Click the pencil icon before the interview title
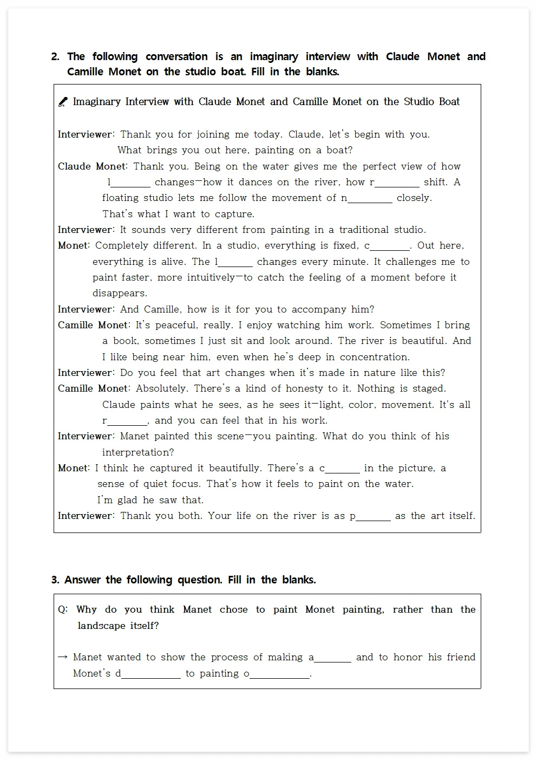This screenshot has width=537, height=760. (63, 102)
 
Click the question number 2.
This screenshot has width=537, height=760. (55, 57)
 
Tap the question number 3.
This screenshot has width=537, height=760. (55, 580)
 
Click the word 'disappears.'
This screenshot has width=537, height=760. (120, 294)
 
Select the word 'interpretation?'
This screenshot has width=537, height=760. (138, 452)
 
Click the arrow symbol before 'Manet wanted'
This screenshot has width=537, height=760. (63, 657)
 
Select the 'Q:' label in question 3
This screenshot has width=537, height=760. (63, 610)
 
